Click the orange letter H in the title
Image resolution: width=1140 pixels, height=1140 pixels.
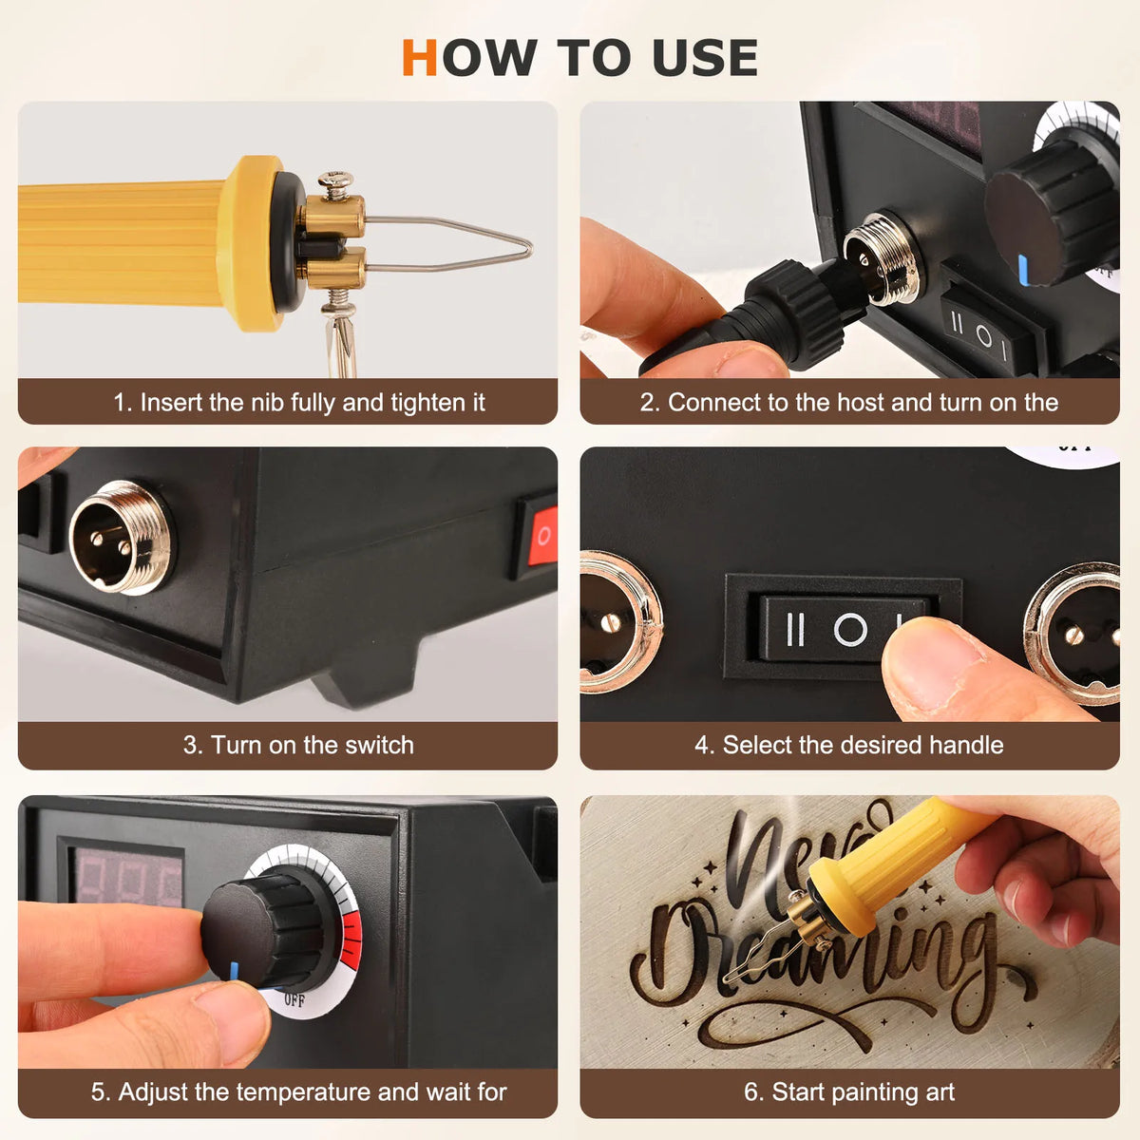click(420, 57)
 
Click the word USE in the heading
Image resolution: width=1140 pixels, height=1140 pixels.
click(705, 57)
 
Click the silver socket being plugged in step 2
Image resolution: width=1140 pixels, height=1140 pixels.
click(882, 258)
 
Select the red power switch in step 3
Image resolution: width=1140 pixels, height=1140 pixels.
click(542, 536)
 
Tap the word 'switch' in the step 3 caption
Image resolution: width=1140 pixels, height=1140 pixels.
click(379, 746)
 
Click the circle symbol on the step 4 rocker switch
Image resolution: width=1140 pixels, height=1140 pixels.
click(850, 628)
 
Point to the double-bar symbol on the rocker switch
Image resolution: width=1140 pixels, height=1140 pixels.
click(796, 630)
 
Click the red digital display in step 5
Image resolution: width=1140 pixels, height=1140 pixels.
click(128, 878)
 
